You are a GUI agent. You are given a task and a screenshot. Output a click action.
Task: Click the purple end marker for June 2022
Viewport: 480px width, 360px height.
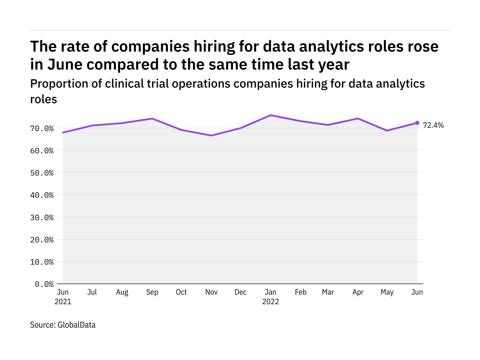(417, 123)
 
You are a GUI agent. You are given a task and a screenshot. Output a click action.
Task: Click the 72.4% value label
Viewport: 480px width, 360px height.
(433, 125)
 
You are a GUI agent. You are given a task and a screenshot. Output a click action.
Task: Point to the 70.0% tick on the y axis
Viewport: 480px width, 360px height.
(42, 129)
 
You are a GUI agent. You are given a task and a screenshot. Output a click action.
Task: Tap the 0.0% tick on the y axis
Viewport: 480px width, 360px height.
(44, 284)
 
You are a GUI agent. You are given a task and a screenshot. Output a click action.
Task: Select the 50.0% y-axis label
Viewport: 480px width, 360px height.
(42, 173)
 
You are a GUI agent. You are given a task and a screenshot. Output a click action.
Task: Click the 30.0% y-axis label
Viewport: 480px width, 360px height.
(42, 217)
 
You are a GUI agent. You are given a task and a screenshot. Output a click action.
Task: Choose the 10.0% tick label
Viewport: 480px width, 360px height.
(42, 262)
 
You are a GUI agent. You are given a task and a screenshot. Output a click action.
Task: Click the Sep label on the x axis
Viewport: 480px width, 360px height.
(152, 292)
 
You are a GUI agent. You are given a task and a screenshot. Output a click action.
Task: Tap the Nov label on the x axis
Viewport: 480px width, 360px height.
(211, 292)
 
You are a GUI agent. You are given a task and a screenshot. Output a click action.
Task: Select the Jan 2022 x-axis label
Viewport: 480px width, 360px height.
(271, 297)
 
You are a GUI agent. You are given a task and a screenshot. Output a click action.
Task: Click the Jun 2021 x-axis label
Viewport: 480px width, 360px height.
(63, 297)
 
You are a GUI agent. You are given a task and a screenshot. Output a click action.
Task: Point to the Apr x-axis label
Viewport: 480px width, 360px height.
(358, 292)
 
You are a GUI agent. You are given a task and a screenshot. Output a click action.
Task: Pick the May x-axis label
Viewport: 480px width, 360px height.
(387, 292)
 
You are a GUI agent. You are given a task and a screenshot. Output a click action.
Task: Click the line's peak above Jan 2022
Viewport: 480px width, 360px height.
(271, 115)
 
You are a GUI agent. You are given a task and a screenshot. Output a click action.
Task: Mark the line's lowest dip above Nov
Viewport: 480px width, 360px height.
(211, 136)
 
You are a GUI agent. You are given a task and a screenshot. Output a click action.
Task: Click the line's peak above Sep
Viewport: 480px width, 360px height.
(152, 118)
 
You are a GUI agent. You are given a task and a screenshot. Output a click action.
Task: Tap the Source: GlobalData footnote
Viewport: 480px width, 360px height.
(63, 325)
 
